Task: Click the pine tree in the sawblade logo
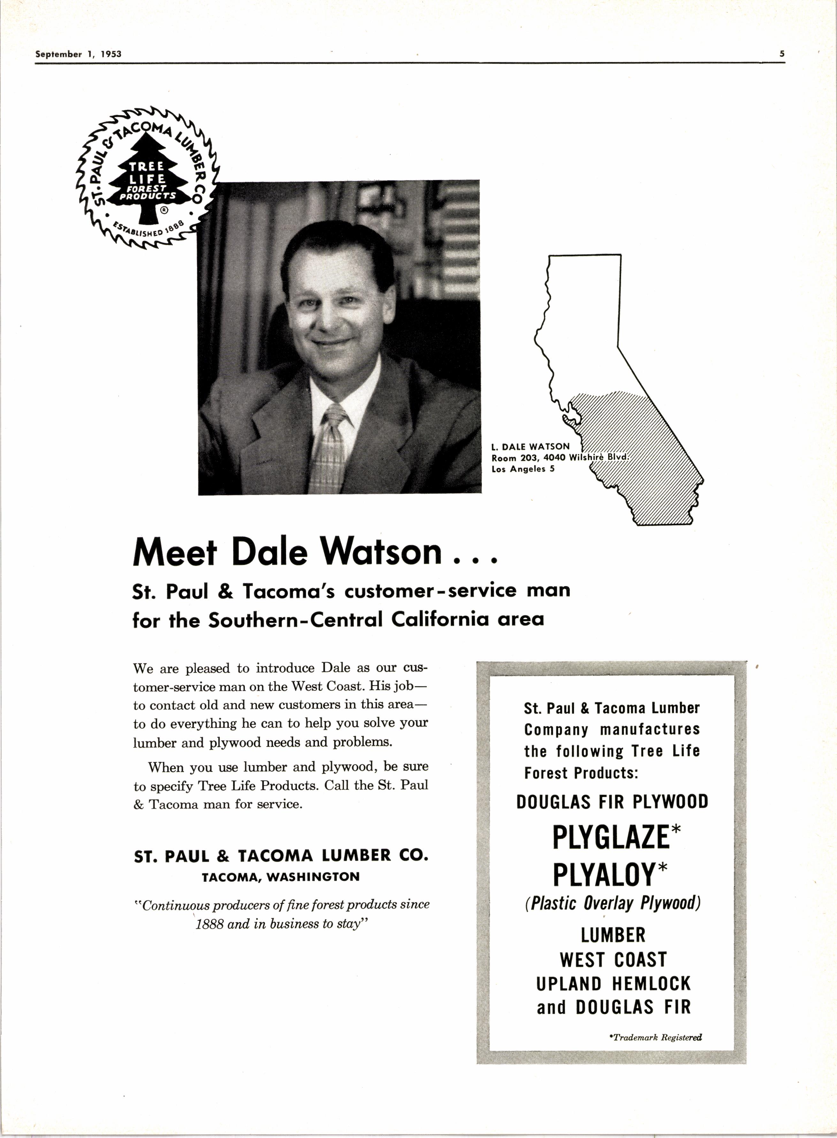coord(147,177)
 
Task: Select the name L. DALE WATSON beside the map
coord(530,447)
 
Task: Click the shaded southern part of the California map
coord(649,456)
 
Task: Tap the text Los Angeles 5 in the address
coord(523,469)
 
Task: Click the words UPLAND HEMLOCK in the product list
coord(613,983)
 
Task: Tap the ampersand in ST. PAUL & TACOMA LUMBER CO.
coord(223,856)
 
